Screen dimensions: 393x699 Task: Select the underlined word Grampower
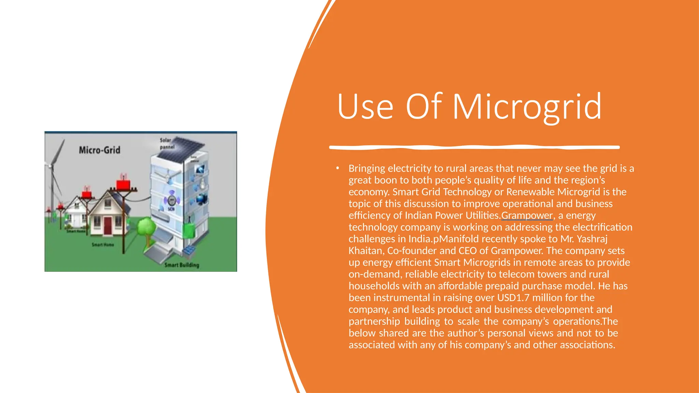[x=527, y=216]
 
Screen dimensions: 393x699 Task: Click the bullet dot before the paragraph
[x=337, y=168]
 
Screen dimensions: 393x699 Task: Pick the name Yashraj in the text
[x=592, y=239]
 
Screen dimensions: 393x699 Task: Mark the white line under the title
[x=474, y=147]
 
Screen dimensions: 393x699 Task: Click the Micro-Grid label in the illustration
[x=99, y=150]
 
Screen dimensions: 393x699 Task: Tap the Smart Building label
[x=182, y=265]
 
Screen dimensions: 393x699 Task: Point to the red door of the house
[x=108, y=225]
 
